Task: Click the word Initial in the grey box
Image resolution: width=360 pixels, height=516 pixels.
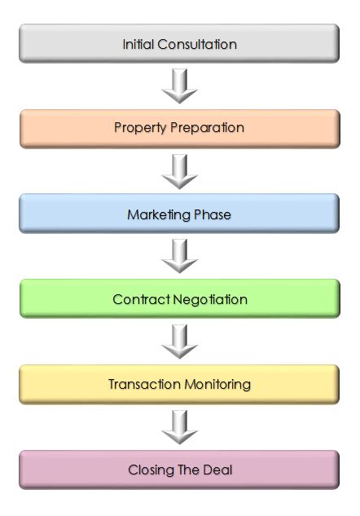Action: click(x=138, y=44)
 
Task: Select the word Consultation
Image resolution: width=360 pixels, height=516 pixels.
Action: click(x=197, y=44)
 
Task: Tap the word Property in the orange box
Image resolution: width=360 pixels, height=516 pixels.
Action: click(x=140, y=128)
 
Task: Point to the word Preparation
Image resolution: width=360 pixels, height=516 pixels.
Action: click(x=207, y=128)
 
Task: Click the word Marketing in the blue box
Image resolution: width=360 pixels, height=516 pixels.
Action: click(x=159, y=215)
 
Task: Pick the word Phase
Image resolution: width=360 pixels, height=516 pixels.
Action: click(x=213, y=214)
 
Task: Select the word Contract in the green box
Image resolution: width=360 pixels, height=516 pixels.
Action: click(x=141, y=299)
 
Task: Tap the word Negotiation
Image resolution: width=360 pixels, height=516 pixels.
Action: click(x=210, y=300)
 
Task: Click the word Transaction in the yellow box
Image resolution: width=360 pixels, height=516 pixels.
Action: click(x=144, y=385)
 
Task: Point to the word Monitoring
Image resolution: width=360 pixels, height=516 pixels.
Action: click(x=217, y=385)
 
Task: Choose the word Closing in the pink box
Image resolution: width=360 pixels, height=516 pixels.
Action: click(x=151, y=470)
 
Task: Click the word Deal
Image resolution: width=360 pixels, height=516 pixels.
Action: click(x=217, y=470)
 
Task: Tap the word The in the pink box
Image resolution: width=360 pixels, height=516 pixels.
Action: click(x=188, y=470)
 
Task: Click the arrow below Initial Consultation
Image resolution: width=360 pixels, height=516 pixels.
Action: click(x=179, y=86)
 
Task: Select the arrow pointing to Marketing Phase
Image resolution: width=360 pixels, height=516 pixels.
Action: click(x=179, y=171)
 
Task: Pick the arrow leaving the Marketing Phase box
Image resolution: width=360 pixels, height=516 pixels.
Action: click(x=179, y=256)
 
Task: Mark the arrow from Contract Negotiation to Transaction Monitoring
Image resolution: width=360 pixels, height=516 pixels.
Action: click(x=179, y=342)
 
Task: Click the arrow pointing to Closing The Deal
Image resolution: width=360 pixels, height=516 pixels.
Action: click(x=179, y=427)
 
